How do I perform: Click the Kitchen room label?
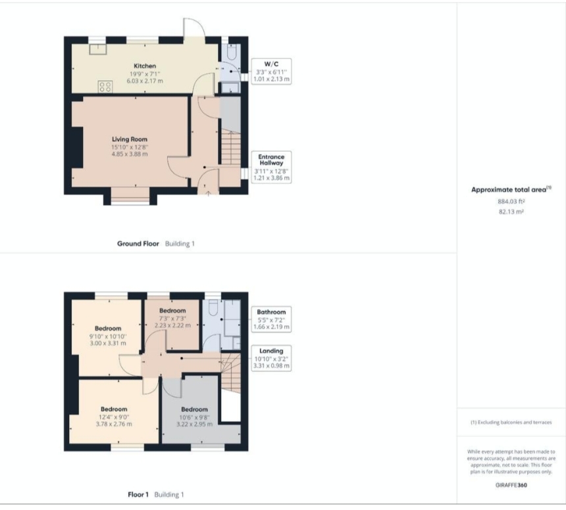(145, 66)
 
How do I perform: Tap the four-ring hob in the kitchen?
(105, 87)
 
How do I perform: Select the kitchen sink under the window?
(98, 49)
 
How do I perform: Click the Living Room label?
(130, 139)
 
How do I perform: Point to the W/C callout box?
(271, 72)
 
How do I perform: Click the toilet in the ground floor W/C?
(232, 51)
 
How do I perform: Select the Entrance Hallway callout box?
(271, 167)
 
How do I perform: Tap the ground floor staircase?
(230, 148)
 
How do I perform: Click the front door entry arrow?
(208, 193)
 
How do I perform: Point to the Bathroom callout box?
(271, 319)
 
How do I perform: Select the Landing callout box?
(271, 358)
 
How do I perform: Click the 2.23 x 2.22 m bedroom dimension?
(172, 325)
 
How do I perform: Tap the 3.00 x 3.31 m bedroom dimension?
(108, 344)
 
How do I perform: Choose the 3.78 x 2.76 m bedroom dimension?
(114, 424)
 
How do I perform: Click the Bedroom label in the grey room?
(194, 409)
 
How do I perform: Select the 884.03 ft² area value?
(511, 201)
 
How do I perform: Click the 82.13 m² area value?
(511, 212)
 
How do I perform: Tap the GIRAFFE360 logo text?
(511, 485)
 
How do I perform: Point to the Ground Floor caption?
(138, 244)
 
